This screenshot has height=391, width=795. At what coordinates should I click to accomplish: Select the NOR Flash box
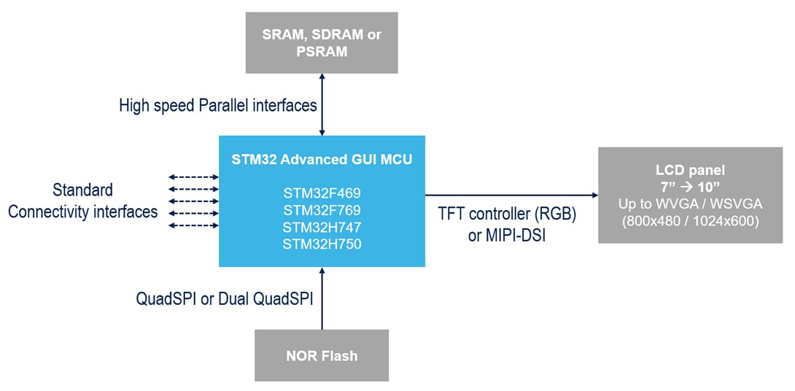coord(322,356)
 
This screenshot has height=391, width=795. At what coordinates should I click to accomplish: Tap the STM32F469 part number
coord(322,194)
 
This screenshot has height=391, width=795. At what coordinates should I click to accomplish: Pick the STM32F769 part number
coord(322,211)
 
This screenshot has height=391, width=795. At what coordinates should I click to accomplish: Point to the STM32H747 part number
coord(322,227)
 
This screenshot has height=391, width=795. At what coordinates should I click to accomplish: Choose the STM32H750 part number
coord(322,244)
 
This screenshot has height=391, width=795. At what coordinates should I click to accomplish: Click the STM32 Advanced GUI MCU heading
coord(322,159)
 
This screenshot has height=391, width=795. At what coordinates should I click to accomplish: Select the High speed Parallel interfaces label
coord(217,106)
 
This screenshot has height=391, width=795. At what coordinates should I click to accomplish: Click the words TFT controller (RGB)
coord(508,215)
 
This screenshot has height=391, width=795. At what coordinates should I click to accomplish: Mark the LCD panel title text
coord(690,169)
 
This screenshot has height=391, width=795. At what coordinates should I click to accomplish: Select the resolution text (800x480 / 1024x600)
coord(690,218)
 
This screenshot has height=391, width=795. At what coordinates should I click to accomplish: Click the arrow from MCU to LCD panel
coord(511,195)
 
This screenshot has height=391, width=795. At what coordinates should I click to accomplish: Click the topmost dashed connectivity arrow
coord(193,177)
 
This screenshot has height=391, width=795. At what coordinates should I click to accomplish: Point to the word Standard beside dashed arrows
coord(82,190)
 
